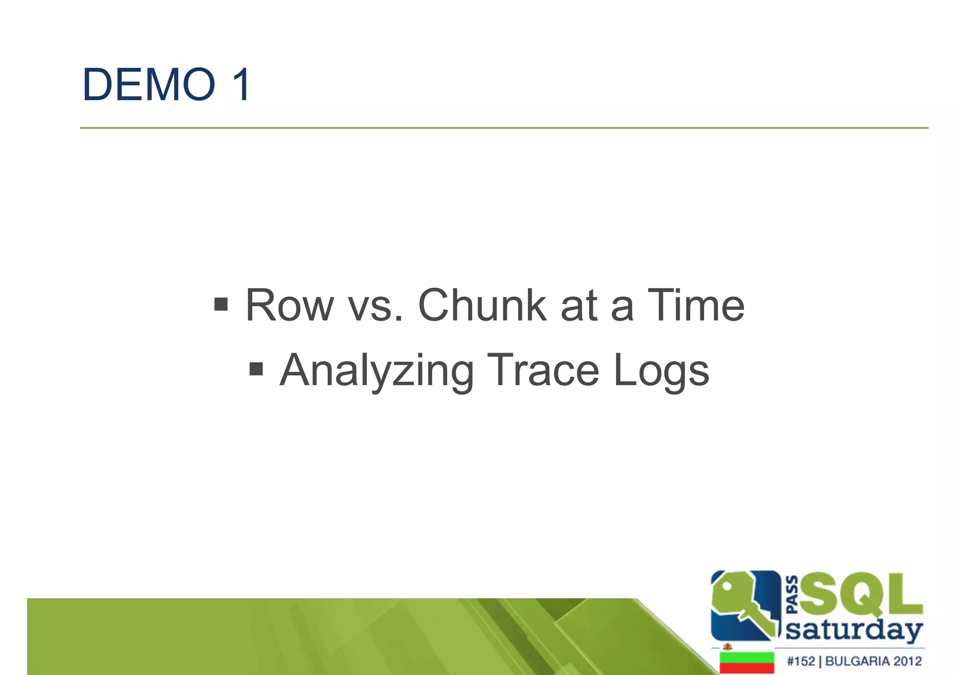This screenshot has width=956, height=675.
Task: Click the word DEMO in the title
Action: pyautogui.click(x=148, y=85)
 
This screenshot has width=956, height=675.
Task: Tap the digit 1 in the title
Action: pyautogui.click(x=241, y=85)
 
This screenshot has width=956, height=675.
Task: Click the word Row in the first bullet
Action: pyautogui.click(x=289, y=306)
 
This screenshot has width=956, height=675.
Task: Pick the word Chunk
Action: pyautogui.click(x=482, y=306)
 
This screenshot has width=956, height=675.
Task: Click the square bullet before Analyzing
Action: pyautogui.click(x=256, y=369)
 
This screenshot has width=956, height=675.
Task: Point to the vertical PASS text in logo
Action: pyautogui.click(x=792, y=595)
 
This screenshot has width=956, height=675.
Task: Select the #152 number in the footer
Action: pyautogui.click(x=801, y=661)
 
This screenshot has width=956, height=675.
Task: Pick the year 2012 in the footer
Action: pyautogui.click(x=907, y=661)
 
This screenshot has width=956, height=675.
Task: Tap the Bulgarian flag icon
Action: pyautogui.click(x=746, y=662)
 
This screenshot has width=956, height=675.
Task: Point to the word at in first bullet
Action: pyautogui.click(x=579, y=306)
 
